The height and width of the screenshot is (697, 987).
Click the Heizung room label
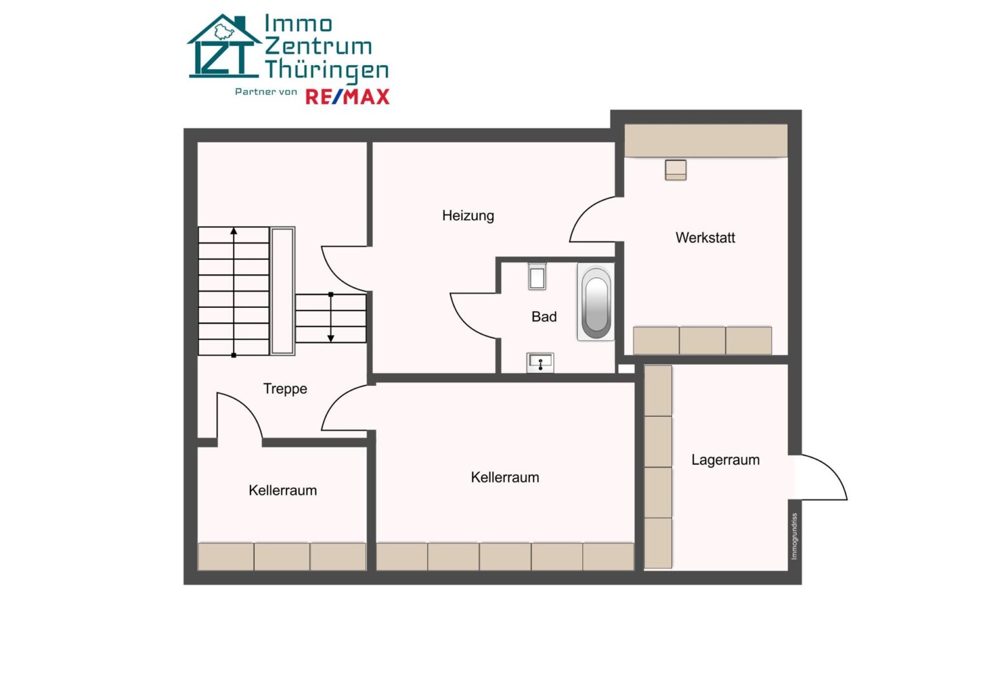tap(468, 216)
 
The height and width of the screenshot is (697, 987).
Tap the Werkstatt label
tap(705, 238)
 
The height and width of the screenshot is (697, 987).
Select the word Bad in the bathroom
tap(544, 317)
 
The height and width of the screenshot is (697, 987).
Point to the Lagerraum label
tap(726, 460)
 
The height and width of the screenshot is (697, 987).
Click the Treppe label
tap(285, 389)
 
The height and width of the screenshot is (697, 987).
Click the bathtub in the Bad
tap(596, 302)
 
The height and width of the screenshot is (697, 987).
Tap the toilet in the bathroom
tap(537, 276)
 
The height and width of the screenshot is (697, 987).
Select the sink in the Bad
tap(540, 363)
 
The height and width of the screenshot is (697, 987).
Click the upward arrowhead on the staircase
tap(234, 231)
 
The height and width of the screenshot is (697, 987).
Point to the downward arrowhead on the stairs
tap(331, 338)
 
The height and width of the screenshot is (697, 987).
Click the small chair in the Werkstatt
tap(675, 170)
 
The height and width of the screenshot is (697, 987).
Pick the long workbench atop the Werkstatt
tap(706, 140)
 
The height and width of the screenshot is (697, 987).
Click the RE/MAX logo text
tap(347, 97)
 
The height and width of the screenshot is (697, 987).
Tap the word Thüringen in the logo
tap(327, 70)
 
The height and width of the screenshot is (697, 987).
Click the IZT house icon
tap(224, 46)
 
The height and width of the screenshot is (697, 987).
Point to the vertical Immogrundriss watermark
tap(794, 536)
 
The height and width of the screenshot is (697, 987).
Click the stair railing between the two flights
tap(283, 291)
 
